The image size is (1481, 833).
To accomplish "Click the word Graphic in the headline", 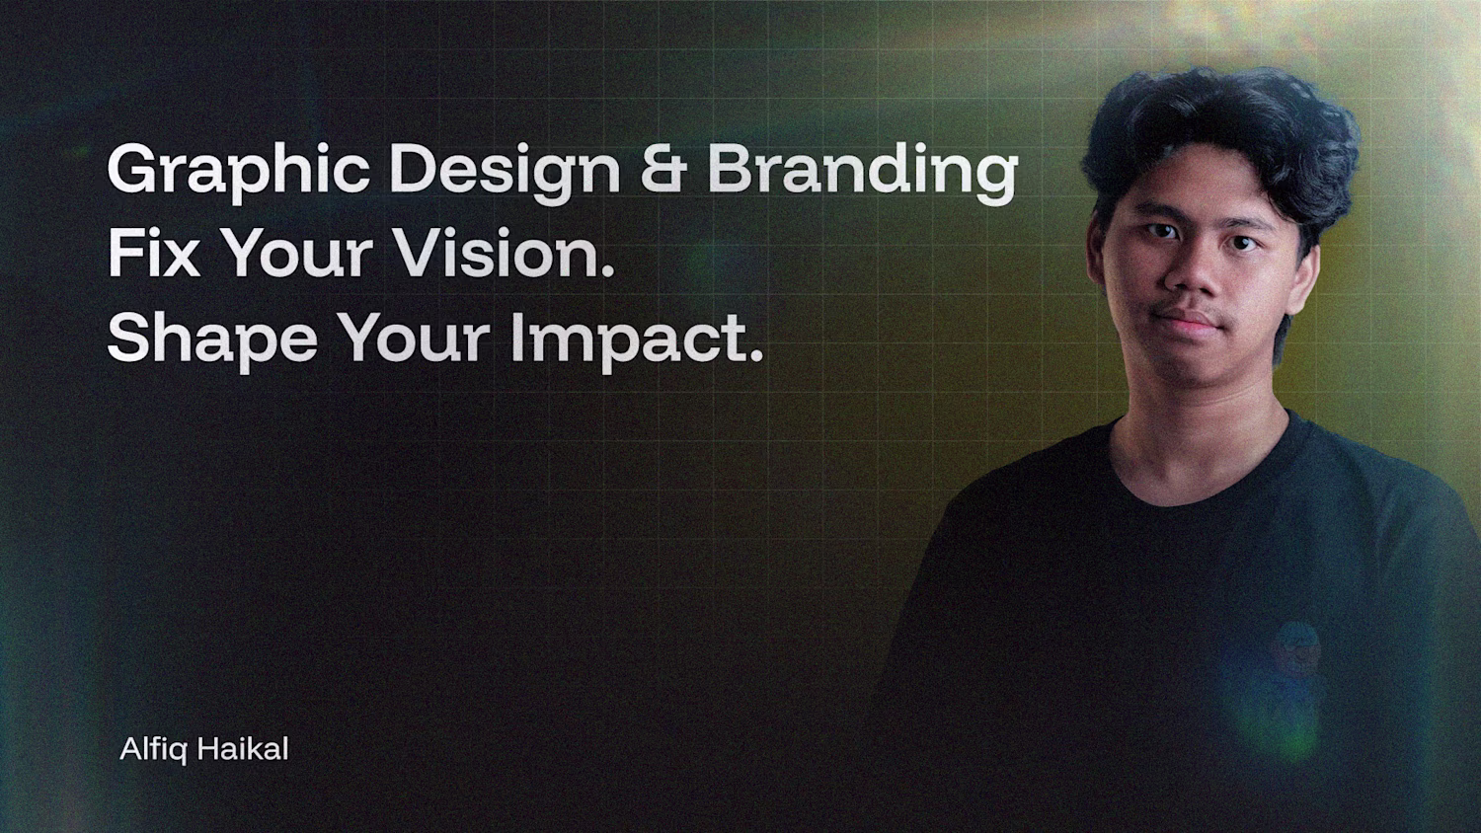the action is point(238,173).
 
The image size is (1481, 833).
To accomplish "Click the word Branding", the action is point(863,173).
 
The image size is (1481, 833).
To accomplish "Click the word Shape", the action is point(212,341).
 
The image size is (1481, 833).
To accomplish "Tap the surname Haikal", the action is point(243,750).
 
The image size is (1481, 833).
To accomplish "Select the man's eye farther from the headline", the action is point(1243,245).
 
